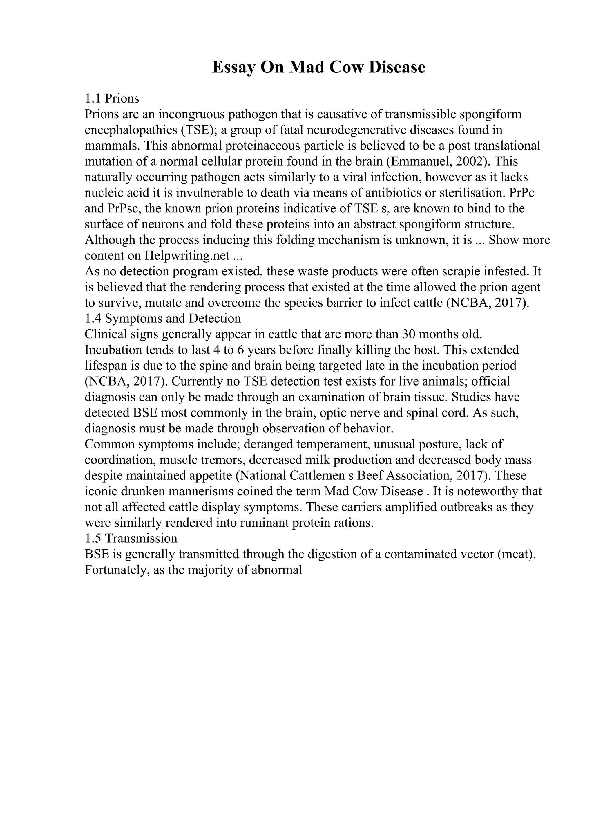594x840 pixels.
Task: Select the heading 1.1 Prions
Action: point(112,99)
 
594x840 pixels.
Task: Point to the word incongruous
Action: point(191,114)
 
